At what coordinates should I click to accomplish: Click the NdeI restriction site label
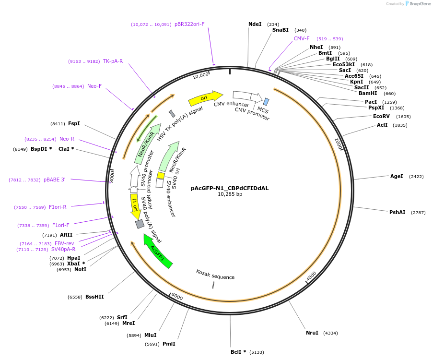255,24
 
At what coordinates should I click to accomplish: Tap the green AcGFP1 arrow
158,251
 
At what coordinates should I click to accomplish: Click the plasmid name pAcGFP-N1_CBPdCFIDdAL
230,188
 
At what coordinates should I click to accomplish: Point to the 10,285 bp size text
230,194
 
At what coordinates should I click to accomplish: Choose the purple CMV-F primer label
302,38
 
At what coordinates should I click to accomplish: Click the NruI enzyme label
312,333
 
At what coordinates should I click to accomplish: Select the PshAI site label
397,212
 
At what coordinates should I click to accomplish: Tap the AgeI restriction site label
397,176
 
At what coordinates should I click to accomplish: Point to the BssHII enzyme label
94,297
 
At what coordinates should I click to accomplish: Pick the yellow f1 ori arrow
135,206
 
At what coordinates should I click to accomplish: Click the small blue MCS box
266,102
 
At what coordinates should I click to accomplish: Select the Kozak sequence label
215,275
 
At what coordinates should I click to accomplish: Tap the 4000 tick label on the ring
311,276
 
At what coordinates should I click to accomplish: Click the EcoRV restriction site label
381,116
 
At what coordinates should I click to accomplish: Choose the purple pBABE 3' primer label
54,180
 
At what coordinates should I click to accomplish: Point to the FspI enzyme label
74,123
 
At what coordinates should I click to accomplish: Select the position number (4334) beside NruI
330,333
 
